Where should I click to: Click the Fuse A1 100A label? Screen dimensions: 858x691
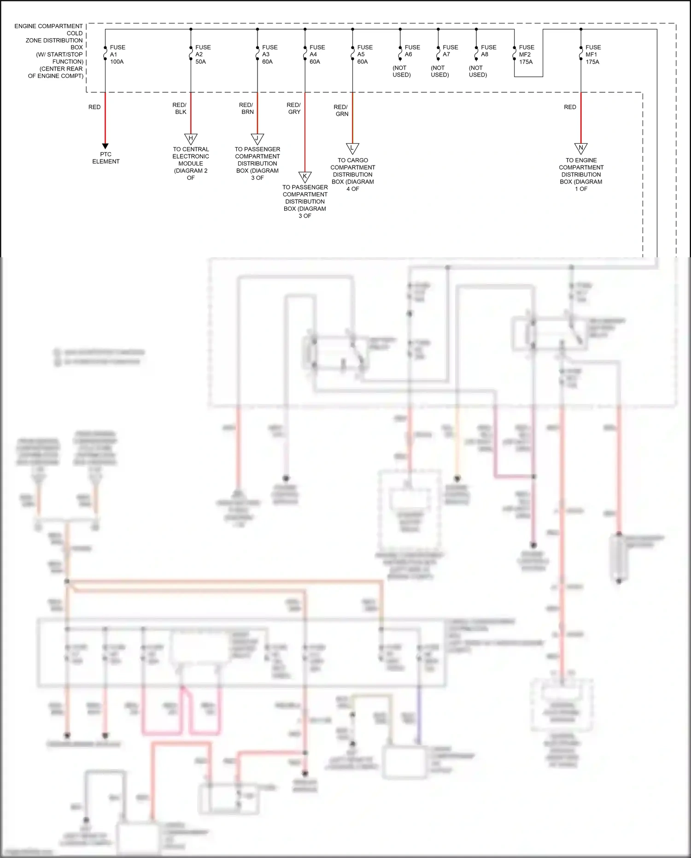(x=117, y=54)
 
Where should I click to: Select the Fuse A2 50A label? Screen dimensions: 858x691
(x=202, y=54)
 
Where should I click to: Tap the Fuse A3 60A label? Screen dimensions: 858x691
(x=269, y=54)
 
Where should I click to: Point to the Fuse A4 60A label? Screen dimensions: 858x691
(x=316, y=54)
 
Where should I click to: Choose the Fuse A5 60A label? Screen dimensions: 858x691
(x=364, y=54)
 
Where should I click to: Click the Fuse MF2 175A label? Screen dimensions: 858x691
(x=526, y=54)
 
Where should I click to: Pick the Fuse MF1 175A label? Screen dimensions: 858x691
(x=592, y=54)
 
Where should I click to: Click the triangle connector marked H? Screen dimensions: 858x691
(x=191, y=138)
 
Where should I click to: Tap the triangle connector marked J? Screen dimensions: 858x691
(x=257, y=138)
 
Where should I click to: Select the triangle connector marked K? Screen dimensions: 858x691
(x=305, y=176)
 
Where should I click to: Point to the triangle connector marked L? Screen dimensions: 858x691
(x=352, y=148)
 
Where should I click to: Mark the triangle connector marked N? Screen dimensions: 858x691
(x=581, y=148)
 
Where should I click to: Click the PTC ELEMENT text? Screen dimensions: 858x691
(x=105, y=158)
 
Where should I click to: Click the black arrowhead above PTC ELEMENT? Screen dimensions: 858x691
(x=105, y=146)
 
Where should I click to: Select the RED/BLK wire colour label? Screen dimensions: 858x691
(x=180, y=108)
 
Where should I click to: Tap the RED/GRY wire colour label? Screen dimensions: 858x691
(x=293, y=108)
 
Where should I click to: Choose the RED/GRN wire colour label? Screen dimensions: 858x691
(x=341, y=110)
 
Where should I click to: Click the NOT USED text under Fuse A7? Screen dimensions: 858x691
(x=439, y=71)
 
